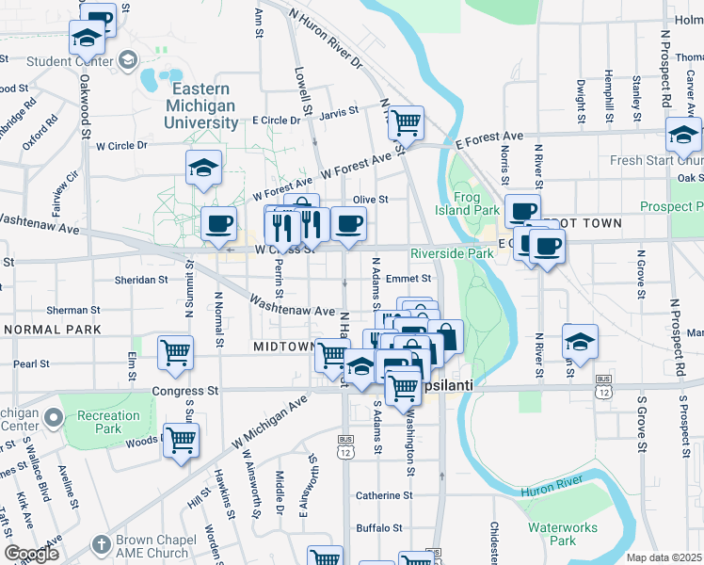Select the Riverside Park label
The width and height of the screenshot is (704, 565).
[453, 253]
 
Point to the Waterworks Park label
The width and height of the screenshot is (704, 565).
[551, 534]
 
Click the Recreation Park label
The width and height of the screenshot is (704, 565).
[108, 422]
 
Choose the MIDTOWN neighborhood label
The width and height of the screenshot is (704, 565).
[282, 347]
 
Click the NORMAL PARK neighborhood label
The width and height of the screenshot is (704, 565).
[52, 330]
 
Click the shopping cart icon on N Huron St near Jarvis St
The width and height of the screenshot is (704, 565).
[405, 121]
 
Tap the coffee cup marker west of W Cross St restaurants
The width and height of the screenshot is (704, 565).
[218, 224]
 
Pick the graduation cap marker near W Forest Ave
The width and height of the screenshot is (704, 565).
[204, 167]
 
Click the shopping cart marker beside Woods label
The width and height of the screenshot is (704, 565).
[180, 439]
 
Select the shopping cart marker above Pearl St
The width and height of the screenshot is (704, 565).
[175, 351]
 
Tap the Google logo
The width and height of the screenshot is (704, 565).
[32, 555]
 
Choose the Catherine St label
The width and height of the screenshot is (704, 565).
[384, 495]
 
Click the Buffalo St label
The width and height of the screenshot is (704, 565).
[379, 528]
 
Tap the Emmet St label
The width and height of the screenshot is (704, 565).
[414, 279]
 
